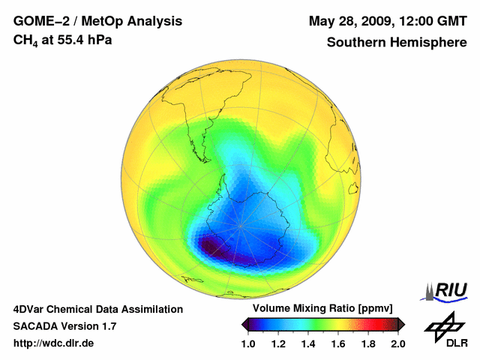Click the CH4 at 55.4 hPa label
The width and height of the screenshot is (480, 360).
pos(63,40)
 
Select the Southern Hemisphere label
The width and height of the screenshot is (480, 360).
pos(396,42)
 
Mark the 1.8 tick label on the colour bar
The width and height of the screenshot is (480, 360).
pos(367,343)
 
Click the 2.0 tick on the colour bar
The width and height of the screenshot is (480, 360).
pos(397,343)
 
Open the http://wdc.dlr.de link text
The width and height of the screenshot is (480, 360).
pos(54,343)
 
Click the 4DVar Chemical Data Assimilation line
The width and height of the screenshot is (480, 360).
pos(98,309)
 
